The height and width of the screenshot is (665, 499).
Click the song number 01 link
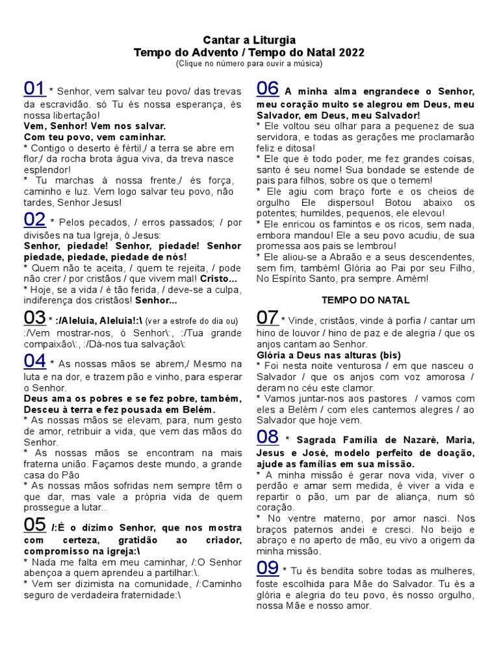tap(34, 88)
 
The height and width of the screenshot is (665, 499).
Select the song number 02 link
tap(34, 220)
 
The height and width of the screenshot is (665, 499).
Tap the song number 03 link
tap(34, 318)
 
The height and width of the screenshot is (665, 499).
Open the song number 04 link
tap(34, 360)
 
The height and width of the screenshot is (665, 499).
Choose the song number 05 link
tap(34, 524)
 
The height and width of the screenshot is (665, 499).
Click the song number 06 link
tap(268, 88)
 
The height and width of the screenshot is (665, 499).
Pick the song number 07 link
tap(268, 318)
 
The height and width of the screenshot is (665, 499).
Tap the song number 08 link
tap(268, 436)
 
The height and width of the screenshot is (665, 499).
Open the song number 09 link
tap(268, 568)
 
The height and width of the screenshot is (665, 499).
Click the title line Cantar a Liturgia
tap(249, 40)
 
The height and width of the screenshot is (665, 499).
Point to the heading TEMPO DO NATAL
tap(366, 300)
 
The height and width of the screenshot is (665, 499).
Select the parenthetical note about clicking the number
tap(249, 64)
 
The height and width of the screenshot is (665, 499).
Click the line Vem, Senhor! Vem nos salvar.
tap(95, 126)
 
